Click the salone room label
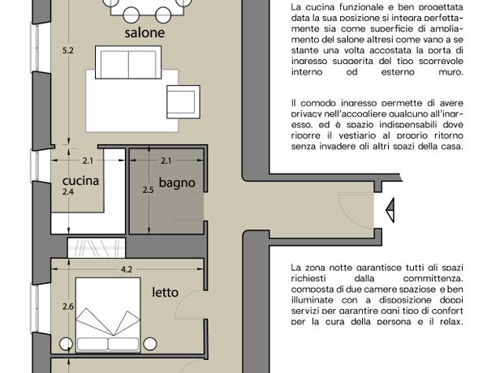(144, 32)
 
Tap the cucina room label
(80, 181)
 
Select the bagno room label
(177, 182)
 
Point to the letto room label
(166, 292)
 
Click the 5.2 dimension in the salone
(68, 50)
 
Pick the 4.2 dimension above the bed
(127, 269)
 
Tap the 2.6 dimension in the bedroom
(68, 307)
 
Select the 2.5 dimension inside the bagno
(149, 190)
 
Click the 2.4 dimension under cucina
(68, 192)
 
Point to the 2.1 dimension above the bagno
(166, 161)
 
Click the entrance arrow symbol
(390, 210)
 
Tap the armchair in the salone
(183, 102)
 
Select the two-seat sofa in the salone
(128, 62)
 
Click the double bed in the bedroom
(108, 315)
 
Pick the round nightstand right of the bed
(150, 344)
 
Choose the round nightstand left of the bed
(66, 344)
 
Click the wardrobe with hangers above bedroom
(97, 247)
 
